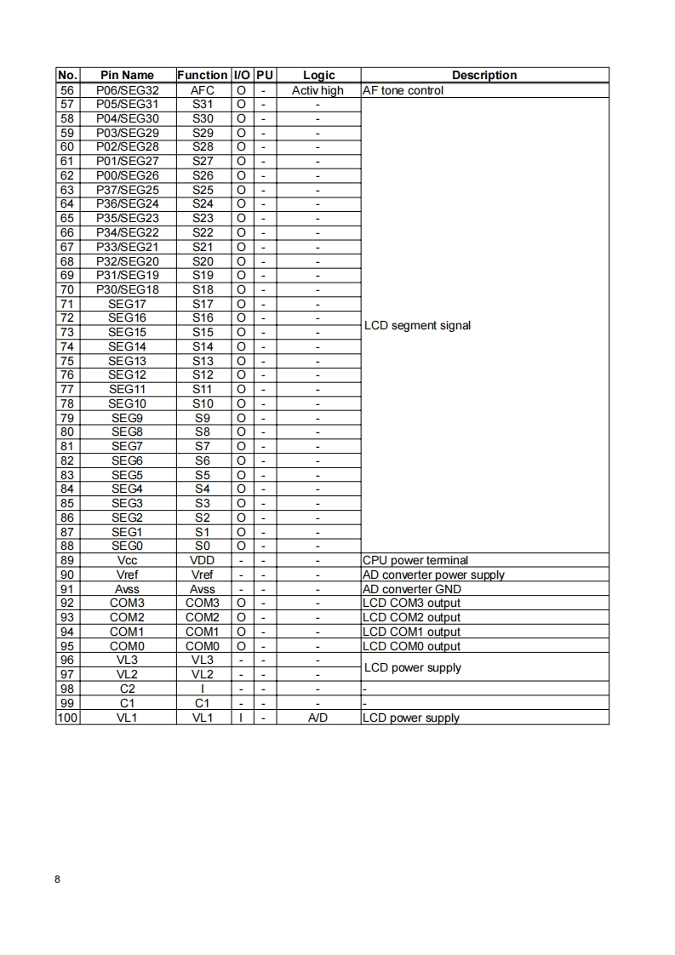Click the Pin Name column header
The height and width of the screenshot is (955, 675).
(127, 75)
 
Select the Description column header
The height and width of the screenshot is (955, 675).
(484, 75)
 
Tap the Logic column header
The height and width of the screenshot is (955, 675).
(318, 75)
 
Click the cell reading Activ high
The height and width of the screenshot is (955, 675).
(317, 89)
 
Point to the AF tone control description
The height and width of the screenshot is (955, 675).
(403, 89)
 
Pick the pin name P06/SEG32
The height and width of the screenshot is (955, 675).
(127, 89)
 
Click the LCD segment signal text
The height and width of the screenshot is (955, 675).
(417, 325)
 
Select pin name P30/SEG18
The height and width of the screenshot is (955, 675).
(127, 289)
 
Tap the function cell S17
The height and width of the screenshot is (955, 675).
(203, 304)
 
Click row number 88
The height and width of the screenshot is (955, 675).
(67, 546)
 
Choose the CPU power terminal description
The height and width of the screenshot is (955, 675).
(415, 560)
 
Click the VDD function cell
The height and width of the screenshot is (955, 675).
(202, 560)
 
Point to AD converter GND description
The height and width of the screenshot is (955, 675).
(412, 589)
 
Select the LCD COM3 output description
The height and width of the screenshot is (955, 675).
(411, 603)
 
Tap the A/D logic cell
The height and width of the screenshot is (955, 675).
(317, 718)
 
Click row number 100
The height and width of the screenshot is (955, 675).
(67, 718)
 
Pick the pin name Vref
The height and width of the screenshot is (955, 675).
(127, 575)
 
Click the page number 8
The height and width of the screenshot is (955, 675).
(57, 880)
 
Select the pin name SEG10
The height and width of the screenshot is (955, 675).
(127, 403)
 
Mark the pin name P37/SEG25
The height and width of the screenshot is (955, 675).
(127, 189)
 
